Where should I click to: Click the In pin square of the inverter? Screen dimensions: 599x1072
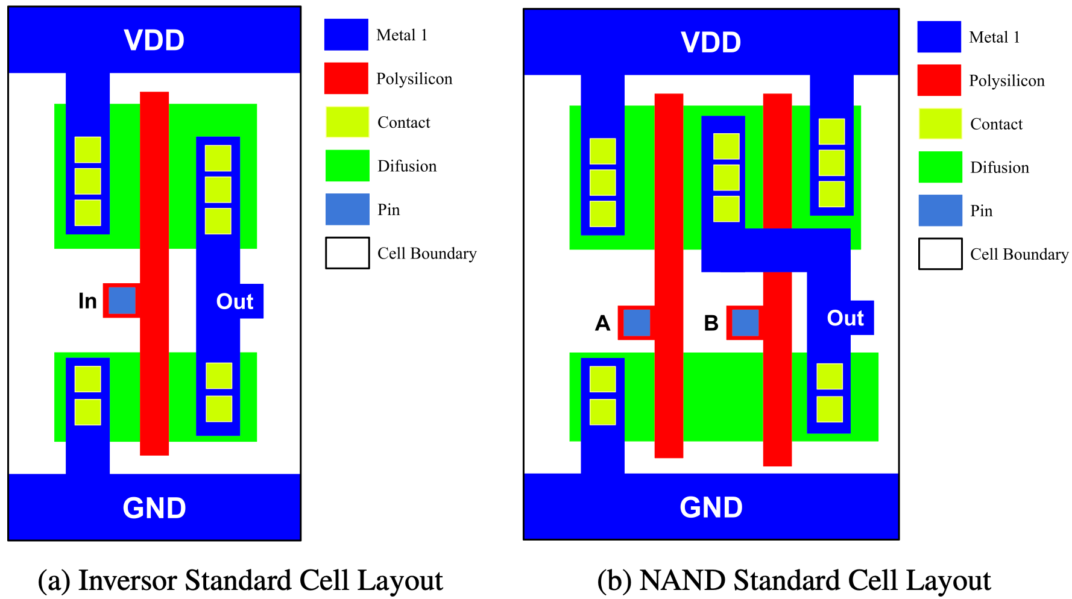coord(122,301)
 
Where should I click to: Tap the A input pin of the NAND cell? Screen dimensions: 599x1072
coord(637,322)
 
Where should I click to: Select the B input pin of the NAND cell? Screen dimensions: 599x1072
coord(745,322)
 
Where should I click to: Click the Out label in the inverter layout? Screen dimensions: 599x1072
coord(235,301)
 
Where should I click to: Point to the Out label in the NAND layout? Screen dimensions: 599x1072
coord(845,318)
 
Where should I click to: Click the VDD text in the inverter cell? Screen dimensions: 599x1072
coord(154,40)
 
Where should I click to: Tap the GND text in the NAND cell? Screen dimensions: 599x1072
coord(711,507)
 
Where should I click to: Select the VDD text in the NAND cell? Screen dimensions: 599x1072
coord(711,43)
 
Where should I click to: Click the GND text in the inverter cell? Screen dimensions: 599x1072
coord(154,508)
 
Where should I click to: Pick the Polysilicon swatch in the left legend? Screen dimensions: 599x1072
coord(346,78)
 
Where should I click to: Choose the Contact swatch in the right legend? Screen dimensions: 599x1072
coord(939,124)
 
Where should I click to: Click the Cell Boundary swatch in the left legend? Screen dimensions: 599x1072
coord(347,253)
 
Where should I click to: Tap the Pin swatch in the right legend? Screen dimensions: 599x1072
coord(940,211)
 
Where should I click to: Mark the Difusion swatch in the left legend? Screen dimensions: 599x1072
coord(347,166)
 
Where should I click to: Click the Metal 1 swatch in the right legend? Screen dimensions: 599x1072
coord(939,37)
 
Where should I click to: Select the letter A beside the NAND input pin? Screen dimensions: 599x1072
coord(602,324)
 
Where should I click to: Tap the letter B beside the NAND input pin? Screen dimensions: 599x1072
coord(711,324)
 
